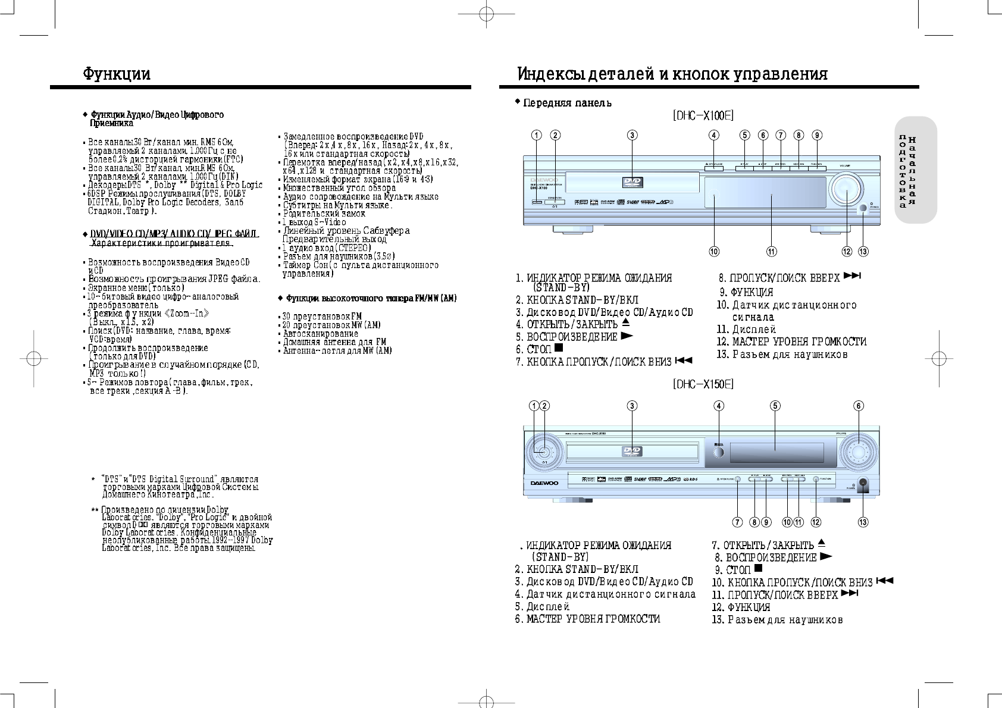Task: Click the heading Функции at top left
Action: pyautogui.click(x=117, y=74)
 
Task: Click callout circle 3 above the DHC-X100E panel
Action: pyautogui.click(x=632, y=135)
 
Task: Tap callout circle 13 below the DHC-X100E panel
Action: pyautogui.click(x=863, y=251)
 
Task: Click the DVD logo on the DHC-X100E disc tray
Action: pyautogui.click(x=632, y=183)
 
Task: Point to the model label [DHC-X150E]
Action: pyautogui.click(x=703, y=384)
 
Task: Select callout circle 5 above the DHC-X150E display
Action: pyautogui.click(x=775, y=406)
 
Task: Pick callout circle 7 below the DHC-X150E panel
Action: pyautogui.click(x=737, y=522)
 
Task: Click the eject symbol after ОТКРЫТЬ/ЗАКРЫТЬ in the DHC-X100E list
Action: pyautogui.click(x=625, y=324)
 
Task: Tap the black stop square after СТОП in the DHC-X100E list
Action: pyautogui.click(x=559, y=348)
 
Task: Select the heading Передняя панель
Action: pyautogui.click(x=566, y=103)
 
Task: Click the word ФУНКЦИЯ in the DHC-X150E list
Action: pyautogui.click(x=749, y=607)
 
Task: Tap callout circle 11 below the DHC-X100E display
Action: pyautogui.click(x=771, y=251)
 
